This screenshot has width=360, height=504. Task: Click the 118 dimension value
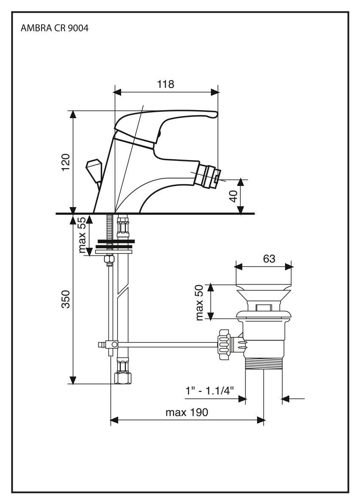click(166, 84)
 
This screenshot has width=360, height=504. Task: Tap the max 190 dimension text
click(187, 412)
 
